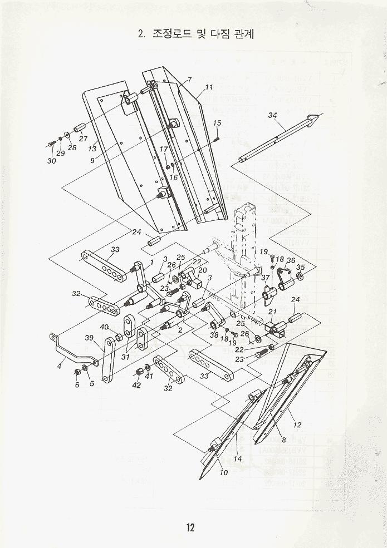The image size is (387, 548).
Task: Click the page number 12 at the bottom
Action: (190, 527)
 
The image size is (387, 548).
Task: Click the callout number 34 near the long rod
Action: (272, 115)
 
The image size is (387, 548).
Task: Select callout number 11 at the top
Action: (209, 87)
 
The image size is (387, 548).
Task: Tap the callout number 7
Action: (190, 80)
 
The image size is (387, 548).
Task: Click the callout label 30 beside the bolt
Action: (52, 161)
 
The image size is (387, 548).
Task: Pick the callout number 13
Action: (92, 149)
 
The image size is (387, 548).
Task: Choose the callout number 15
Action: (217, 122)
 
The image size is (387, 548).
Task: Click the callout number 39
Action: (89, 338)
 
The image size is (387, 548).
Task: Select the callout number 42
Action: (136, 386)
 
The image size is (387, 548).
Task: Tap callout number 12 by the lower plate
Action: (297, 425)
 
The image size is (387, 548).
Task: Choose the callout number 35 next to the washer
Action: (301, 267)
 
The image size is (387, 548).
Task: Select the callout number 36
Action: (291, 260)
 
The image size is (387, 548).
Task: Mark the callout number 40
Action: (104, 327)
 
